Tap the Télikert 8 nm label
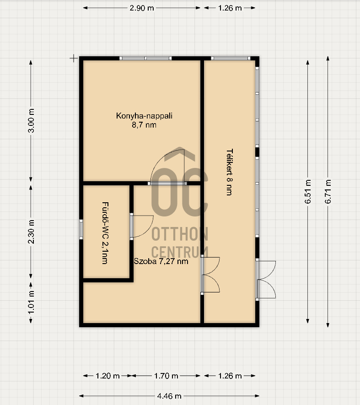tap(230, 172)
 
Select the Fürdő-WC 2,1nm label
tap(105, 233)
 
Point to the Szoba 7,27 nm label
tap(161, 261)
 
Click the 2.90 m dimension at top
tap(142, 8)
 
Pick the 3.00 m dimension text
tap(31, 121)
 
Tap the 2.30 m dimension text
tap(31, 232)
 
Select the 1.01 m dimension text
tap(31, 302)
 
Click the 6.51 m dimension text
tap(307, 191)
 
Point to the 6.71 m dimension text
tap(328, 191)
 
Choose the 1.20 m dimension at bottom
tap(107, 376)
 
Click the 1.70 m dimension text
tap(166, 376)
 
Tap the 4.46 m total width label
tap(169, 396)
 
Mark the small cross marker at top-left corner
tap(74, 59)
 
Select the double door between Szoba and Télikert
tap(210, 275)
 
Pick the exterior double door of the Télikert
tap(266, 280)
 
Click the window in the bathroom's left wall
tap(81, 229)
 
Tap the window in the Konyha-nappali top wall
tap(145, 59)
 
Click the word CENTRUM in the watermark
tap(180, 252)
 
